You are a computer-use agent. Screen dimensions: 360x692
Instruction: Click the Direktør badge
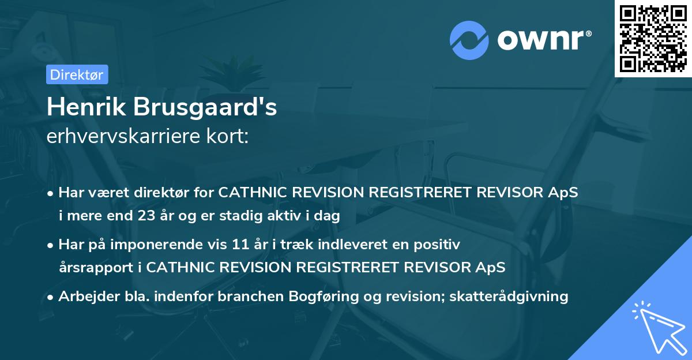tap(77, 74)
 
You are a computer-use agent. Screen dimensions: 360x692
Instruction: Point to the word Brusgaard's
tap(204, 108)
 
